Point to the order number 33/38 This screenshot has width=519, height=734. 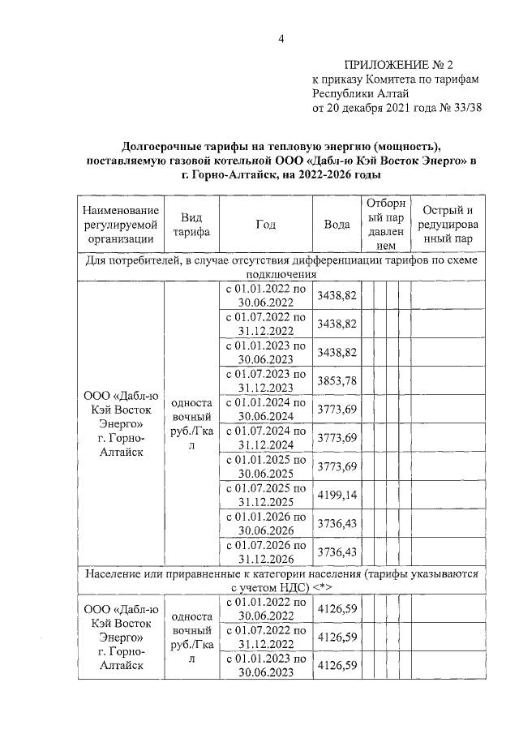coord(465,108)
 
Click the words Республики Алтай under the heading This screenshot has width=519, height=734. coord(351,93)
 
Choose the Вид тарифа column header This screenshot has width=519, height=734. coord(191,224)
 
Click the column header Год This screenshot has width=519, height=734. coord(265,224)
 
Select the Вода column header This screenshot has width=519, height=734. coord(337,224)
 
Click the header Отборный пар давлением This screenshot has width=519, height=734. coord(387,224)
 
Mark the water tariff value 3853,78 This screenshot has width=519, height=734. coord(337,381)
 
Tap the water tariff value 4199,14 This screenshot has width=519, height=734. coord(337,495)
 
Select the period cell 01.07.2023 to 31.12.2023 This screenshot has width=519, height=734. coord(265,381)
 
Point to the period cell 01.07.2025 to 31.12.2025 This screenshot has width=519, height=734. coord(265,495)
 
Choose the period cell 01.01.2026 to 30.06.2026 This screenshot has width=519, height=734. coord(265,523)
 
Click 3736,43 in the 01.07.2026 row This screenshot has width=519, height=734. coord(337,552)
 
